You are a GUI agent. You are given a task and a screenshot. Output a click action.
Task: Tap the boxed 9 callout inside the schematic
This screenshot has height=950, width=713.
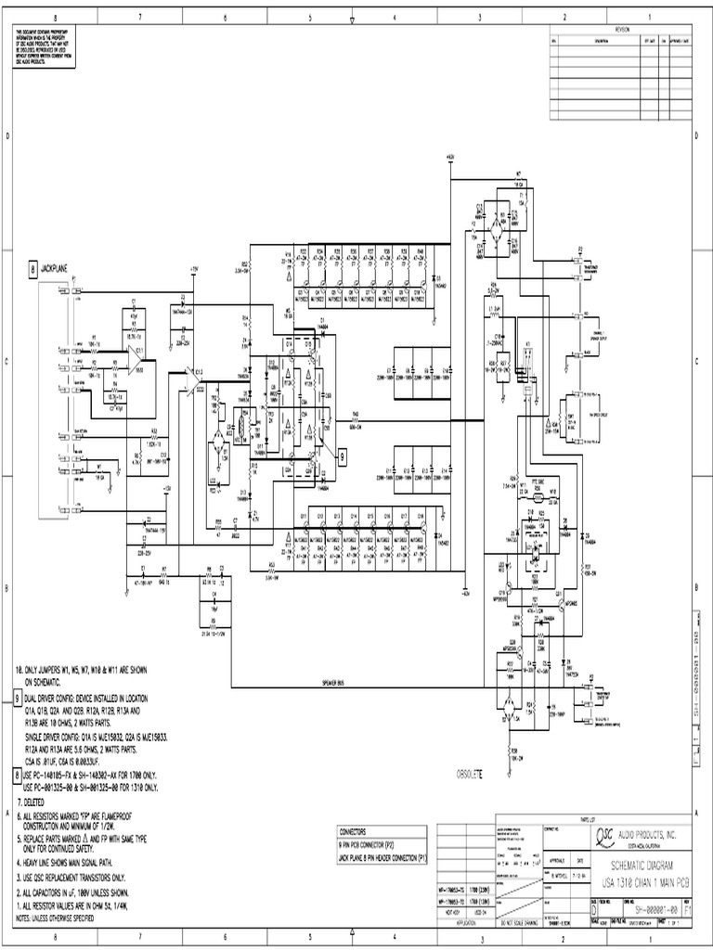[x=342, y=456]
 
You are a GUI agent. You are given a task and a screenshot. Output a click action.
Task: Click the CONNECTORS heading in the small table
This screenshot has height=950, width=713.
[x=357, y=832]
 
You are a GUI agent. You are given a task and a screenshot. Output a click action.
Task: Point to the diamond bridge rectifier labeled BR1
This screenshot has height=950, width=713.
[x=218, y=435]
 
